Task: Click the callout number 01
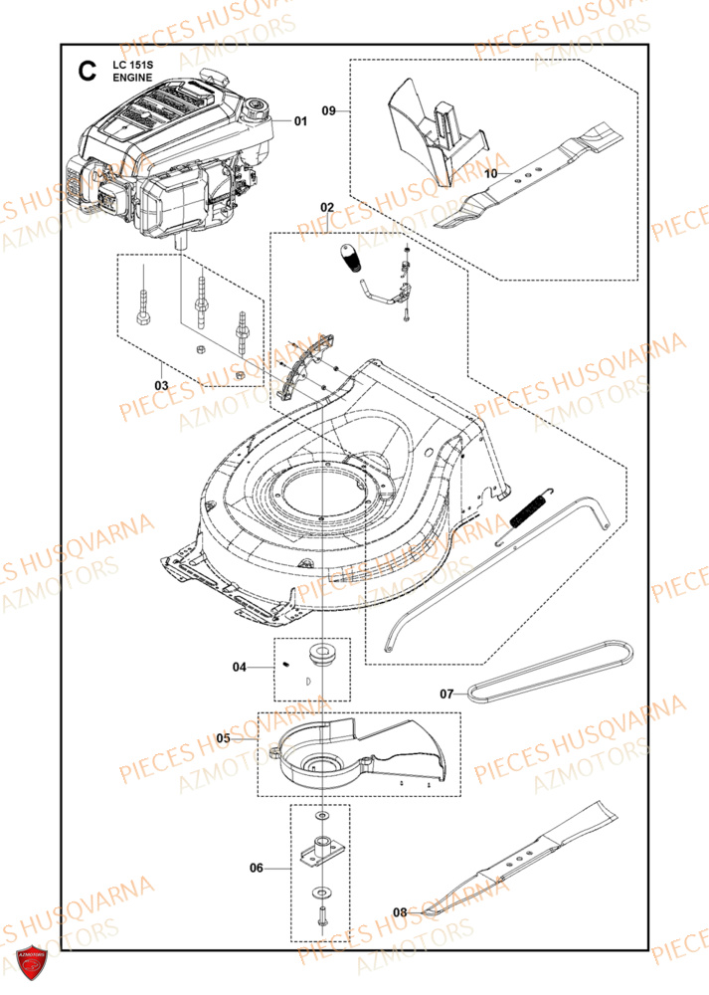pos(300,121)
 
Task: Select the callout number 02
pos(327,206)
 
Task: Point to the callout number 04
pos(239,667)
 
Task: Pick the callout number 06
pos(256,868)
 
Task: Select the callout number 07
pos(445,693)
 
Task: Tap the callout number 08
pos(399,910)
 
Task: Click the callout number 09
pos(329,111)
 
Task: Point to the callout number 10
pos(489,173)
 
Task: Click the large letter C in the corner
pos(88,71)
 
